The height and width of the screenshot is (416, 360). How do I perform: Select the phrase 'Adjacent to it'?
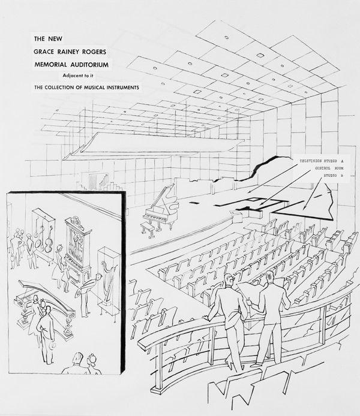[93, 75]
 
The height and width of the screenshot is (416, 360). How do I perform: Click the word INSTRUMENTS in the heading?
[118, 87]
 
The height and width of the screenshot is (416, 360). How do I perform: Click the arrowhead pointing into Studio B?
[304, 209]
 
